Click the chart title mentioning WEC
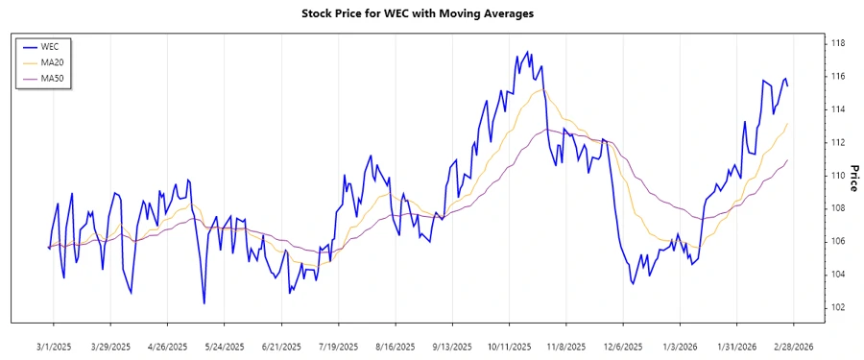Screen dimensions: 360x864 pos(431,13)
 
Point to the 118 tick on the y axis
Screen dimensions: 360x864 pos(837,43)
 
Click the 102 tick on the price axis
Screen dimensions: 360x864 pos(837,307)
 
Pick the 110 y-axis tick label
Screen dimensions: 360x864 pos(837,176)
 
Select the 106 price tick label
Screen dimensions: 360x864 pos(837,241)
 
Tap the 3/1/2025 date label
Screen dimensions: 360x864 pos(54,346)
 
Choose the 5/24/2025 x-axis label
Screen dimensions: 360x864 pos(225,346)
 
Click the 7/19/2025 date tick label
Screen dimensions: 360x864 pos(338,346)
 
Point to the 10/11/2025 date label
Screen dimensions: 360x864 pos(509,346)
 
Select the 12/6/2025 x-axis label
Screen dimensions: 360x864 pos(622,346)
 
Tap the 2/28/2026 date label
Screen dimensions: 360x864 pos(793,346)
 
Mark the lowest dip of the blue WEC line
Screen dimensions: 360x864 pos(204,303)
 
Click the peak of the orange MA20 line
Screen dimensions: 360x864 pos(536,90)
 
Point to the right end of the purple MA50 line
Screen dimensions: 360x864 pos(788,160)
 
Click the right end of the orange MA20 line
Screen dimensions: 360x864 pos(788,123)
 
